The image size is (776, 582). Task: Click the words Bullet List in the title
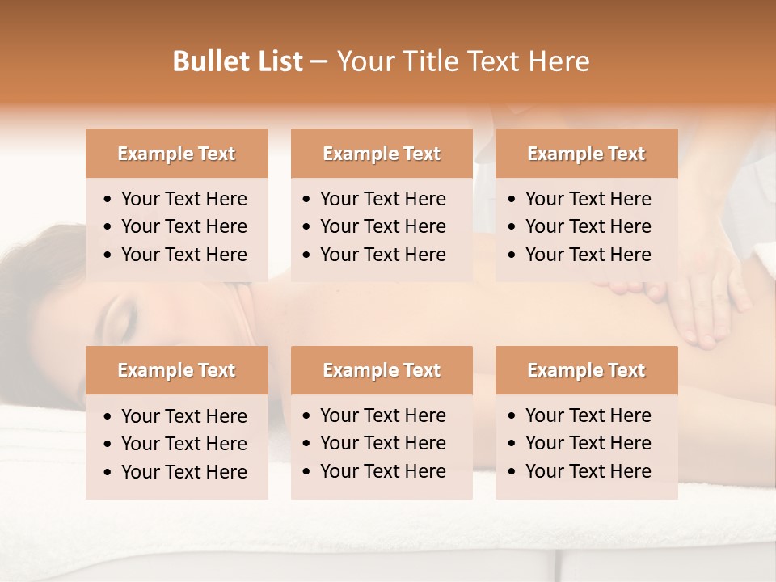(x=237, y=61)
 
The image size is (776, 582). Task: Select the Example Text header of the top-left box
(x=176, y=154)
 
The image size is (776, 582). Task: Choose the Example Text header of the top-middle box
(x=382, y=154)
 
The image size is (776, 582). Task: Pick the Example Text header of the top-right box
(x=586, y=154)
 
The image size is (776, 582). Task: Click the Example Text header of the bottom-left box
(x=176, y=370)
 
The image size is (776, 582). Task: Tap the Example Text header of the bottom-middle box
(x=382, y=370)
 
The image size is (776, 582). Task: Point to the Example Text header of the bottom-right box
(x=586, y=370)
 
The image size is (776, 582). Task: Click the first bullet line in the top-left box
(x=183, y=199)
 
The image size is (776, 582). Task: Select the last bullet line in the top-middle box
(x=382, y=255)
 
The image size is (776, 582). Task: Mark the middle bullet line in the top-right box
(x=588, y=226)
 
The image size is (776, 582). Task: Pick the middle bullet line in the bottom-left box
(x=183, y=444)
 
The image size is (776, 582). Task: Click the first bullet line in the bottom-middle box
(x=382, y=415)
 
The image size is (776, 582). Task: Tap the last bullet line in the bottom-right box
(x=588, y=471)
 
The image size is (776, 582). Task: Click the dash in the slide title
(x=318, y=62)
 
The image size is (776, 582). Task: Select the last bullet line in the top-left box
(x=183, y=255)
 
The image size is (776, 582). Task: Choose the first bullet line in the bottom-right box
(x=588, y=415)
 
